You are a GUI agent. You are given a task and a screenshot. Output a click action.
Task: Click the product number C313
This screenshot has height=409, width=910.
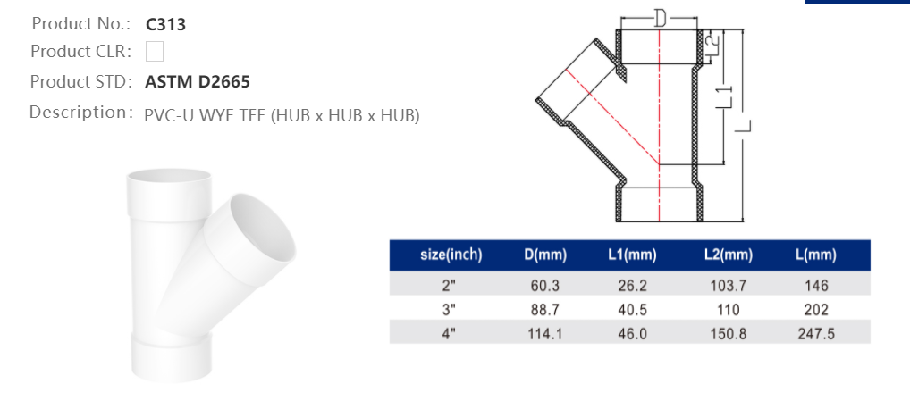click(165, 24)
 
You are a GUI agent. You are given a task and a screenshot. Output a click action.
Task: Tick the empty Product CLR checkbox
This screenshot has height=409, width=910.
click(155, 52)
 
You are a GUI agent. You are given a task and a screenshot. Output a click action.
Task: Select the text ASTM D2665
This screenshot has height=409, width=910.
click(198, 82)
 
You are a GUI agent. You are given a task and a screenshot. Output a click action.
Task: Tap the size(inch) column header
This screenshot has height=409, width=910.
click(451, 255)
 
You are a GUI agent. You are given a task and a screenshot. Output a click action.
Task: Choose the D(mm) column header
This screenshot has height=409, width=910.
click(545, 255)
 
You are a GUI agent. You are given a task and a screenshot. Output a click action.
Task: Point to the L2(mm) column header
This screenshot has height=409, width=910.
click(728, 255)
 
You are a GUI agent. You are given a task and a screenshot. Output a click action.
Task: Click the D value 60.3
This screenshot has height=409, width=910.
click(545, 286)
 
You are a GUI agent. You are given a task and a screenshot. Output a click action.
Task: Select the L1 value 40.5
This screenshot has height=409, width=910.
click(632, 310)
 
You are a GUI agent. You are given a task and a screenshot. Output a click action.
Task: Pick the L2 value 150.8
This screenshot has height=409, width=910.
click(728, 334)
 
